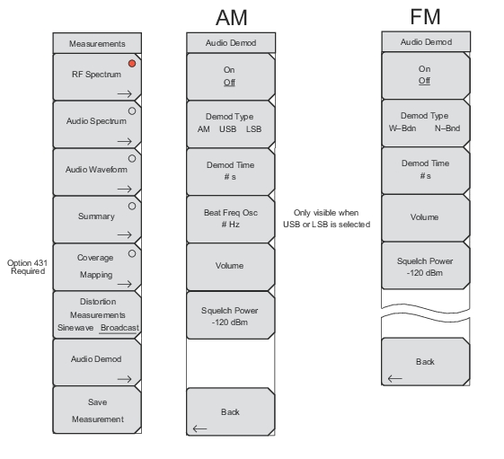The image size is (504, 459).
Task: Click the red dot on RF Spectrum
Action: (132, 63)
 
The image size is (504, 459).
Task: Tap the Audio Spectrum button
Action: (97, 125)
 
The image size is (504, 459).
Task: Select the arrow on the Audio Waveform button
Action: (125, 189)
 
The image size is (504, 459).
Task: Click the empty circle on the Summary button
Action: (132, 206)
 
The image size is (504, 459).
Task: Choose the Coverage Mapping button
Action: (97, 267)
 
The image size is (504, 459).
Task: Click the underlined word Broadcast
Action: (119, 328)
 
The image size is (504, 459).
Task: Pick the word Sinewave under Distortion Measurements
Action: (75, 328)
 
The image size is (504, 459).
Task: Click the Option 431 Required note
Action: (27, 267)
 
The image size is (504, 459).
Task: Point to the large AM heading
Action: (232, 17)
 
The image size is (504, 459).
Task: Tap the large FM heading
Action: (425, 16)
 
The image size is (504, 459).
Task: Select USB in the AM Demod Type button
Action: (228, 128)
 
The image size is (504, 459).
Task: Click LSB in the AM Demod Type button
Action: (253, 128)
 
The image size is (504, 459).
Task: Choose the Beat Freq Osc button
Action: (231, 219)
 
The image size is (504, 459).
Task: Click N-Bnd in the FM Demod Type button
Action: (447, 128)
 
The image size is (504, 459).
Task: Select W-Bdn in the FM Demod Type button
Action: (402, 128)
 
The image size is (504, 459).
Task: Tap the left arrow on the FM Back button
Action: (395, 378)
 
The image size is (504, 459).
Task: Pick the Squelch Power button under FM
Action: (425, 266)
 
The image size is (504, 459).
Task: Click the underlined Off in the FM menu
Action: (424, 81)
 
